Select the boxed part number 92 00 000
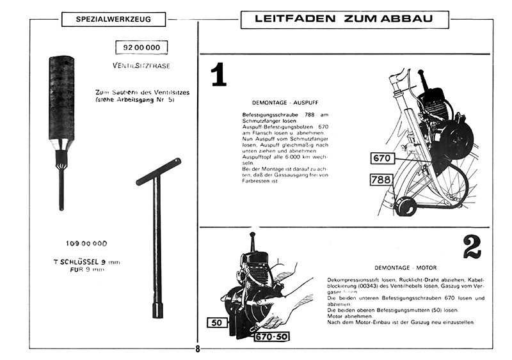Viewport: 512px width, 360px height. pyautogui.click(x=141, y=47)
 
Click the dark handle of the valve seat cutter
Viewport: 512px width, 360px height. pyautogui.click(x=61, y=96)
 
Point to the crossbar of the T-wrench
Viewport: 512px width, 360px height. pyautogui.click(x=154, y=179)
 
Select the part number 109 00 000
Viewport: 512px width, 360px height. pyautogui.click(x=86, y=243)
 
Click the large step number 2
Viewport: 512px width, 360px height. pyautogui.click(x=472, y=247)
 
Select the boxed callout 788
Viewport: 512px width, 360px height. pyautogui.click(x=382, y=180)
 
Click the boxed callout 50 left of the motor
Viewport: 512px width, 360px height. pyautogui.click(x=216, y=322)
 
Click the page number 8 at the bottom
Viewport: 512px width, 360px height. pyautogui.click(x=198, y=349)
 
